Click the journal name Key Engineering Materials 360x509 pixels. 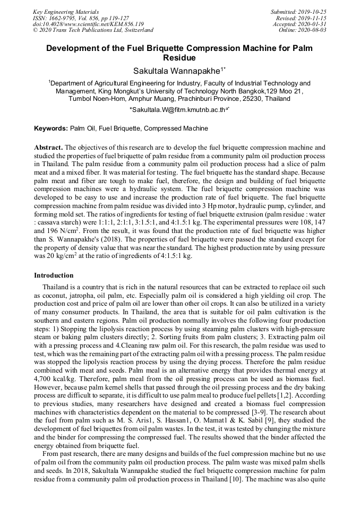point(66,11)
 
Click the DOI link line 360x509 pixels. point(88,24)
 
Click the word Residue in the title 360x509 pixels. point(179,58)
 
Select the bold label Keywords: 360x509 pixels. point(51,128)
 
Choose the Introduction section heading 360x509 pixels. point(54,275)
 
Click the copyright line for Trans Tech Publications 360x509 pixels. point(93,30)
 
